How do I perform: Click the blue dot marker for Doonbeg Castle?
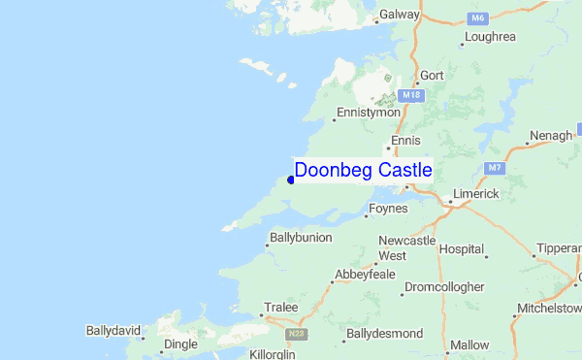(291, 180)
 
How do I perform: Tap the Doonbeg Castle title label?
(363, 171)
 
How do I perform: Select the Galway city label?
(399, 16)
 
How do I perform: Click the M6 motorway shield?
(477, 18)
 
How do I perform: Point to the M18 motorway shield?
(411, 95)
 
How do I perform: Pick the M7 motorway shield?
(496, 168)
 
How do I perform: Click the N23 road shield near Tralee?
(297, 333)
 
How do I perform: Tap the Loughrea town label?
(490, 37)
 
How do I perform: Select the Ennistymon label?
(369, 113)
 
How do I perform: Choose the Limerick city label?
(474, 194)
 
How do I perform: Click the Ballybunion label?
(300, 238)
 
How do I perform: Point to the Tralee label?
(280, 308)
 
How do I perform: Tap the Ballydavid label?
(113, 331)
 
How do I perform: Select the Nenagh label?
(551, 136)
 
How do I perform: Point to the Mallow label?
(470, 344)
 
